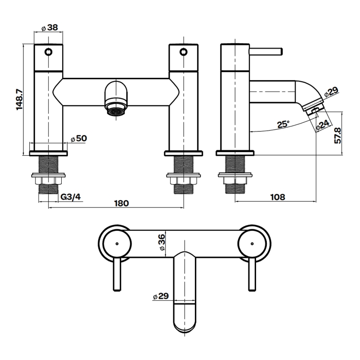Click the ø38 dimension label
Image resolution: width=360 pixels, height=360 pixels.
pos(49,27)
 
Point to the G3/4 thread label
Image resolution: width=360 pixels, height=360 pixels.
pos(70,196)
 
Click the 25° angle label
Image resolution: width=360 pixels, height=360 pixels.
pos(283,125)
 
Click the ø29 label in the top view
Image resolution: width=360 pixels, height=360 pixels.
pos(160,296)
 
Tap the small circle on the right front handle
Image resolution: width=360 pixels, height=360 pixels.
pos(183,51)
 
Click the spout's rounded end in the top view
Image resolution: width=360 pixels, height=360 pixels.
pos(184,322)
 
